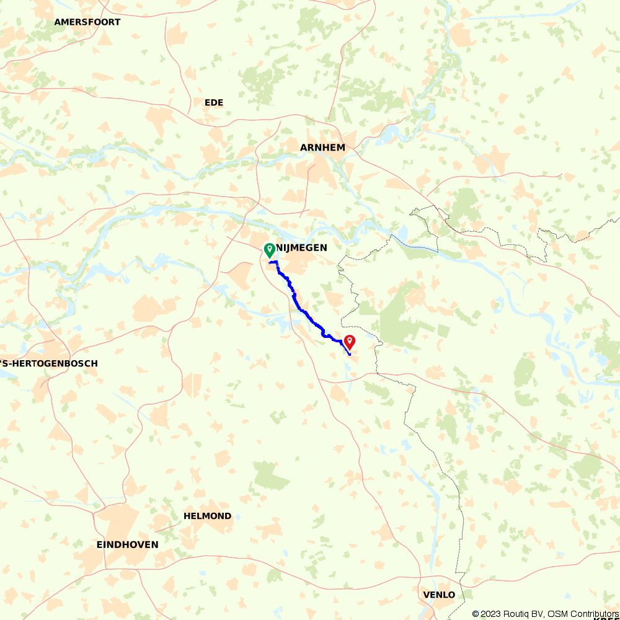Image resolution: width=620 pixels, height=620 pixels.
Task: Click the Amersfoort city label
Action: click(87, 22)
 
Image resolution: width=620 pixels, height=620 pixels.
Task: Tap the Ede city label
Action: click(214, 102)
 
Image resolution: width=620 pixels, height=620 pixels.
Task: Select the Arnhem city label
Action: click(322, 148)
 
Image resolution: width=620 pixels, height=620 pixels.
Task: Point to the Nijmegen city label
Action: click(301, 248)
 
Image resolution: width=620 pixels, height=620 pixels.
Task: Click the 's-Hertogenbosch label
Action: click(49, 363)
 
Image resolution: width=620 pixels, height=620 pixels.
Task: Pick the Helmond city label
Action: click(207, 516)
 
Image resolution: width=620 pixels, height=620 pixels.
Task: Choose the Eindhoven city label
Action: click(127, 544)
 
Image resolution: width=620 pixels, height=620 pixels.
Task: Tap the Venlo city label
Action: click(439, 595)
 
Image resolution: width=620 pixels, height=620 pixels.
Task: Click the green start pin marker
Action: click(270, 250)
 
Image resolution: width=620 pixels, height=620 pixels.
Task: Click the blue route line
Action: click(304, 311)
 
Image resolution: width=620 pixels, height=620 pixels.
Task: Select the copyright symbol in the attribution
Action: click(476, 614)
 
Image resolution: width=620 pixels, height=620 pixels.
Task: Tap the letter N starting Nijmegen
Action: click(279, 248)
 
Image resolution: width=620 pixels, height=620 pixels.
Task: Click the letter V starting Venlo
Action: click(426, 595)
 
